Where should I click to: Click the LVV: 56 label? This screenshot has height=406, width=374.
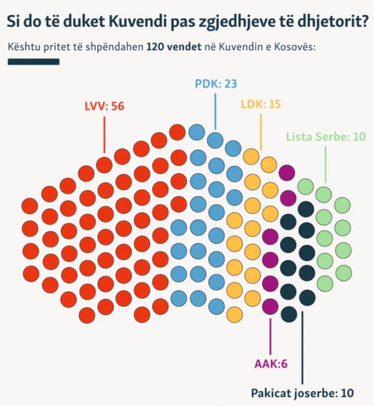tap(104, 106)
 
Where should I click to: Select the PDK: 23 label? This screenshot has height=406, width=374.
tap(216, 84)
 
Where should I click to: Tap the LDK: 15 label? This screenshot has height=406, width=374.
tap(261, 104)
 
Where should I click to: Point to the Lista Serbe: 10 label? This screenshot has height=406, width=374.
tap(325, 137)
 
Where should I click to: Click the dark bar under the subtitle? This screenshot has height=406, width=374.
tap(34, 61)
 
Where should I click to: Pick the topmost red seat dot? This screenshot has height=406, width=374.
tap(177, 132)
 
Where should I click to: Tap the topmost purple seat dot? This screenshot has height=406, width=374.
tap(288, 172)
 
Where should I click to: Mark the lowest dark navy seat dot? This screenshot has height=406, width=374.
tap(288, 313)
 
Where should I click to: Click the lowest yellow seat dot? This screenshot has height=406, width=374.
tap(234, 314)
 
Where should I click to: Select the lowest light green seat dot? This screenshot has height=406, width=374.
tap(325, 283)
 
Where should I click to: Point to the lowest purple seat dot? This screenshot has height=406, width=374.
tap(271, 306)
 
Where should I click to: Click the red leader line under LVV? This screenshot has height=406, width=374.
tap(104, 135)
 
